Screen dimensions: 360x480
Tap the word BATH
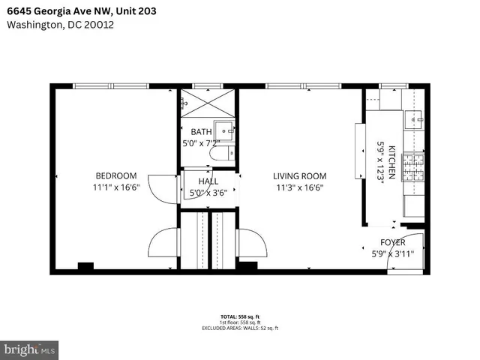pyautogui.click(x=201, y=133)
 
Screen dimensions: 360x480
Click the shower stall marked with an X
pyautogui.click(x=206, y=103)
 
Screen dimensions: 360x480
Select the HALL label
pyautogui.click(x=208, y=181)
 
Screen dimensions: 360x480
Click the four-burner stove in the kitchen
pyautogui.click(x=412, y=166)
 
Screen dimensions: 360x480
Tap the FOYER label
pyautogui.click(x=393, y=242)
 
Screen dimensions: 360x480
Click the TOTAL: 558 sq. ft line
pyautogui.click(x=240, y=317)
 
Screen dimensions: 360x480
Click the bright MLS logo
pyautogui.click(x=30, y=349)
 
